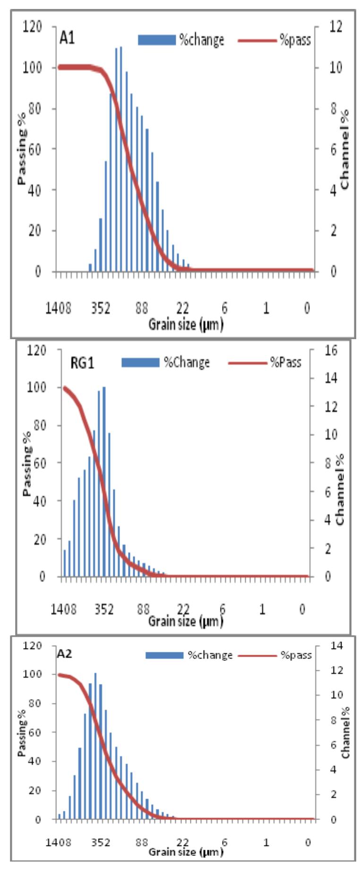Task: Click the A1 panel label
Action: click(67, 38)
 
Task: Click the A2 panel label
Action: click(65, 654)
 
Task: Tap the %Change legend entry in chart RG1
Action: click(165, 362)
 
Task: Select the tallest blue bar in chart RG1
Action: click(104, 482)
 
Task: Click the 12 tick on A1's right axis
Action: click(335, 27)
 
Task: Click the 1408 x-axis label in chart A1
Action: click(58, 308)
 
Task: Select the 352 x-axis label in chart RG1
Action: click(103, 609)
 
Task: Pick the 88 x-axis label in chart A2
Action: click(142, 842)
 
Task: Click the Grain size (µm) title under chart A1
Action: click(186, 324)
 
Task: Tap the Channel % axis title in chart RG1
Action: click(340, 489)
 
